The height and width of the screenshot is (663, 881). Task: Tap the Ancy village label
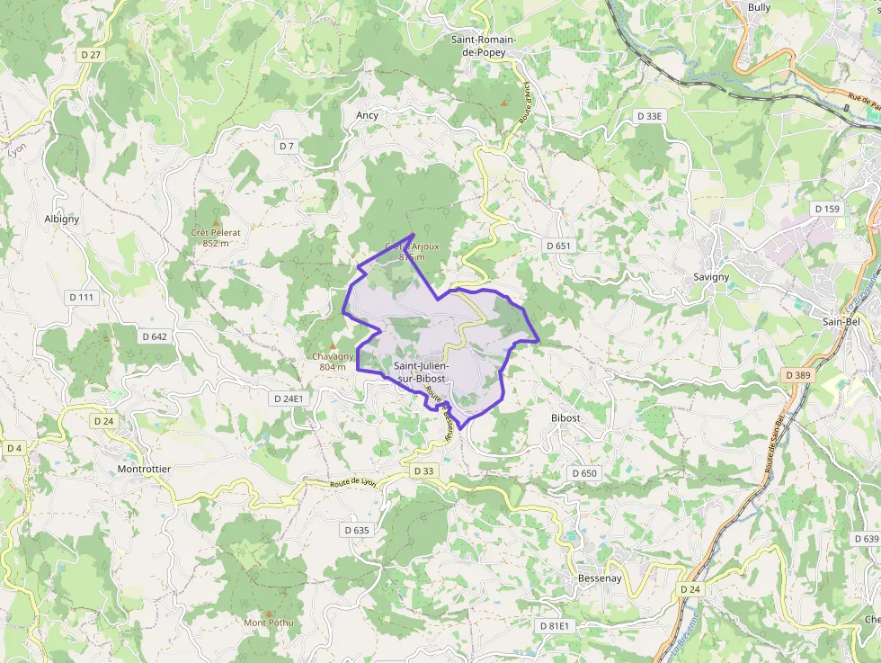[367, 115]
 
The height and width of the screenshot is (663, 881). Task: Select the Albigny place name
[62, 219]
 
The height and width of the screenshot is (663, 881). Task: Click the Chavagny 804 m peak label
[332, 362]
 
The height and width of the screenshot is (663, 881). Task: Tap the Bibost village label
[565, 418]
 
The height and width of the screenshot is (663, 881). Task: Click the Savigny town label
[711, 277]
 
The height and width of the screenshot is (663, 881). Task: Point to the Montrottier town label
[144, 470]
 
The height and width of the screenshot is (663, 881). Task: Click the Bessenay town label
[600, 578]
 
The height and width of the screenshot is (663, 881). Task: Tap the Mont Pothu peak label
[269, 623]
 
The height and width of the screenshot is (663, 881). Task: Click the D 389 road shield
[797, 374]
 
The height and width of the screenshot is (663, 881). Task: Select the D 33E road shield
[649, 116]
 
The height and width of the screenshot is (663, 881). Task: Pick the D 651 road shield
[558, 246]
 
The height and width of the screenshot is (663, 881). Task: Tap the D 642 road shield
[155, 336]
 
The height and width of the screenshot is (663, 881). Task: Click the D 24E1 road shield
[289, 398]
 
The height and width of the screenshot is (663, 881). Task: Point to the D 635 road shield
[357, 531]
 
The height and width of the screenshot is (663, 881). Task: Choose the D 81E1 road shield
[555, 625]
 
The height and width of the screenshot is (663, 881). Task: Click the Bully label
[760, 7]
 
